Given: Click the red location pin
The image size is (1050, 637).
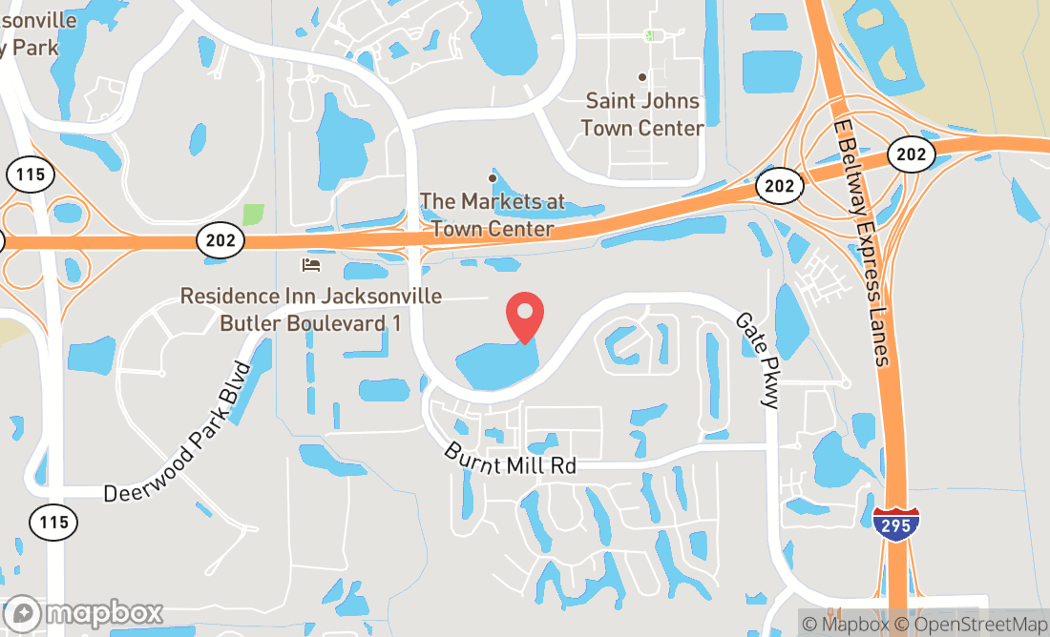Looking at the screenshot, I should click(x=525, y=315).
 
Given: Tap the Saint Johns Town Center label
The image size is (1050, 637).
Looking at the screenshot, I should click(x=642, y=113).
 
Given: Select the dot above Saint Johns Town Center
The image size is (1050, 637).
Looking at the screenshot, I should click(x=642, y=77).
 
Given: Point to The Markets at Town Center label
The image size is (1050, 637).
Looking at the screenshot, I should click(x=493, y=216).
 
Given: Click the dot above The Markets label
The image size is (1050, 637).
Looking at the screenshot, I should click(x=493, y=177).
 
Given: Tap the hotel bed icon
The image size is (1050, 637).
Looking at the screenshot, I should click(x=311, y=264).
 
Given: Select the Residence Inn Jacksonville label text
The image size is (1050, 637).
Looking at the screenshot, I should click(x=311, y=310).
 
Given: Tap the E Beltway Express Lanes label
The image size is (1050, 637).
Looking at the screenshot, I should click(x=861, y=242).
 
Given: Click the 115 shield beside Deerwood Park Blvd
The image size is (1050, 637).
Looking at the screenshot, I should click(x=53, y=522).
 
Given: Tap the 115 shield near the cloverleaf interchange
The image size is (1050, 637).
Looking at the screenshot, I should click(x=31, y=175).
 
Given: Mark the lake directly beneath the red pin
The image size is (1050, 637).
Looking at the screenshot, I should click(x=496, y=364).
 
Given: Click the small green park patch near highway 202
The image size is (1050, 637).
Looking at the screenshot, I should click(x=253, y=214).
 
